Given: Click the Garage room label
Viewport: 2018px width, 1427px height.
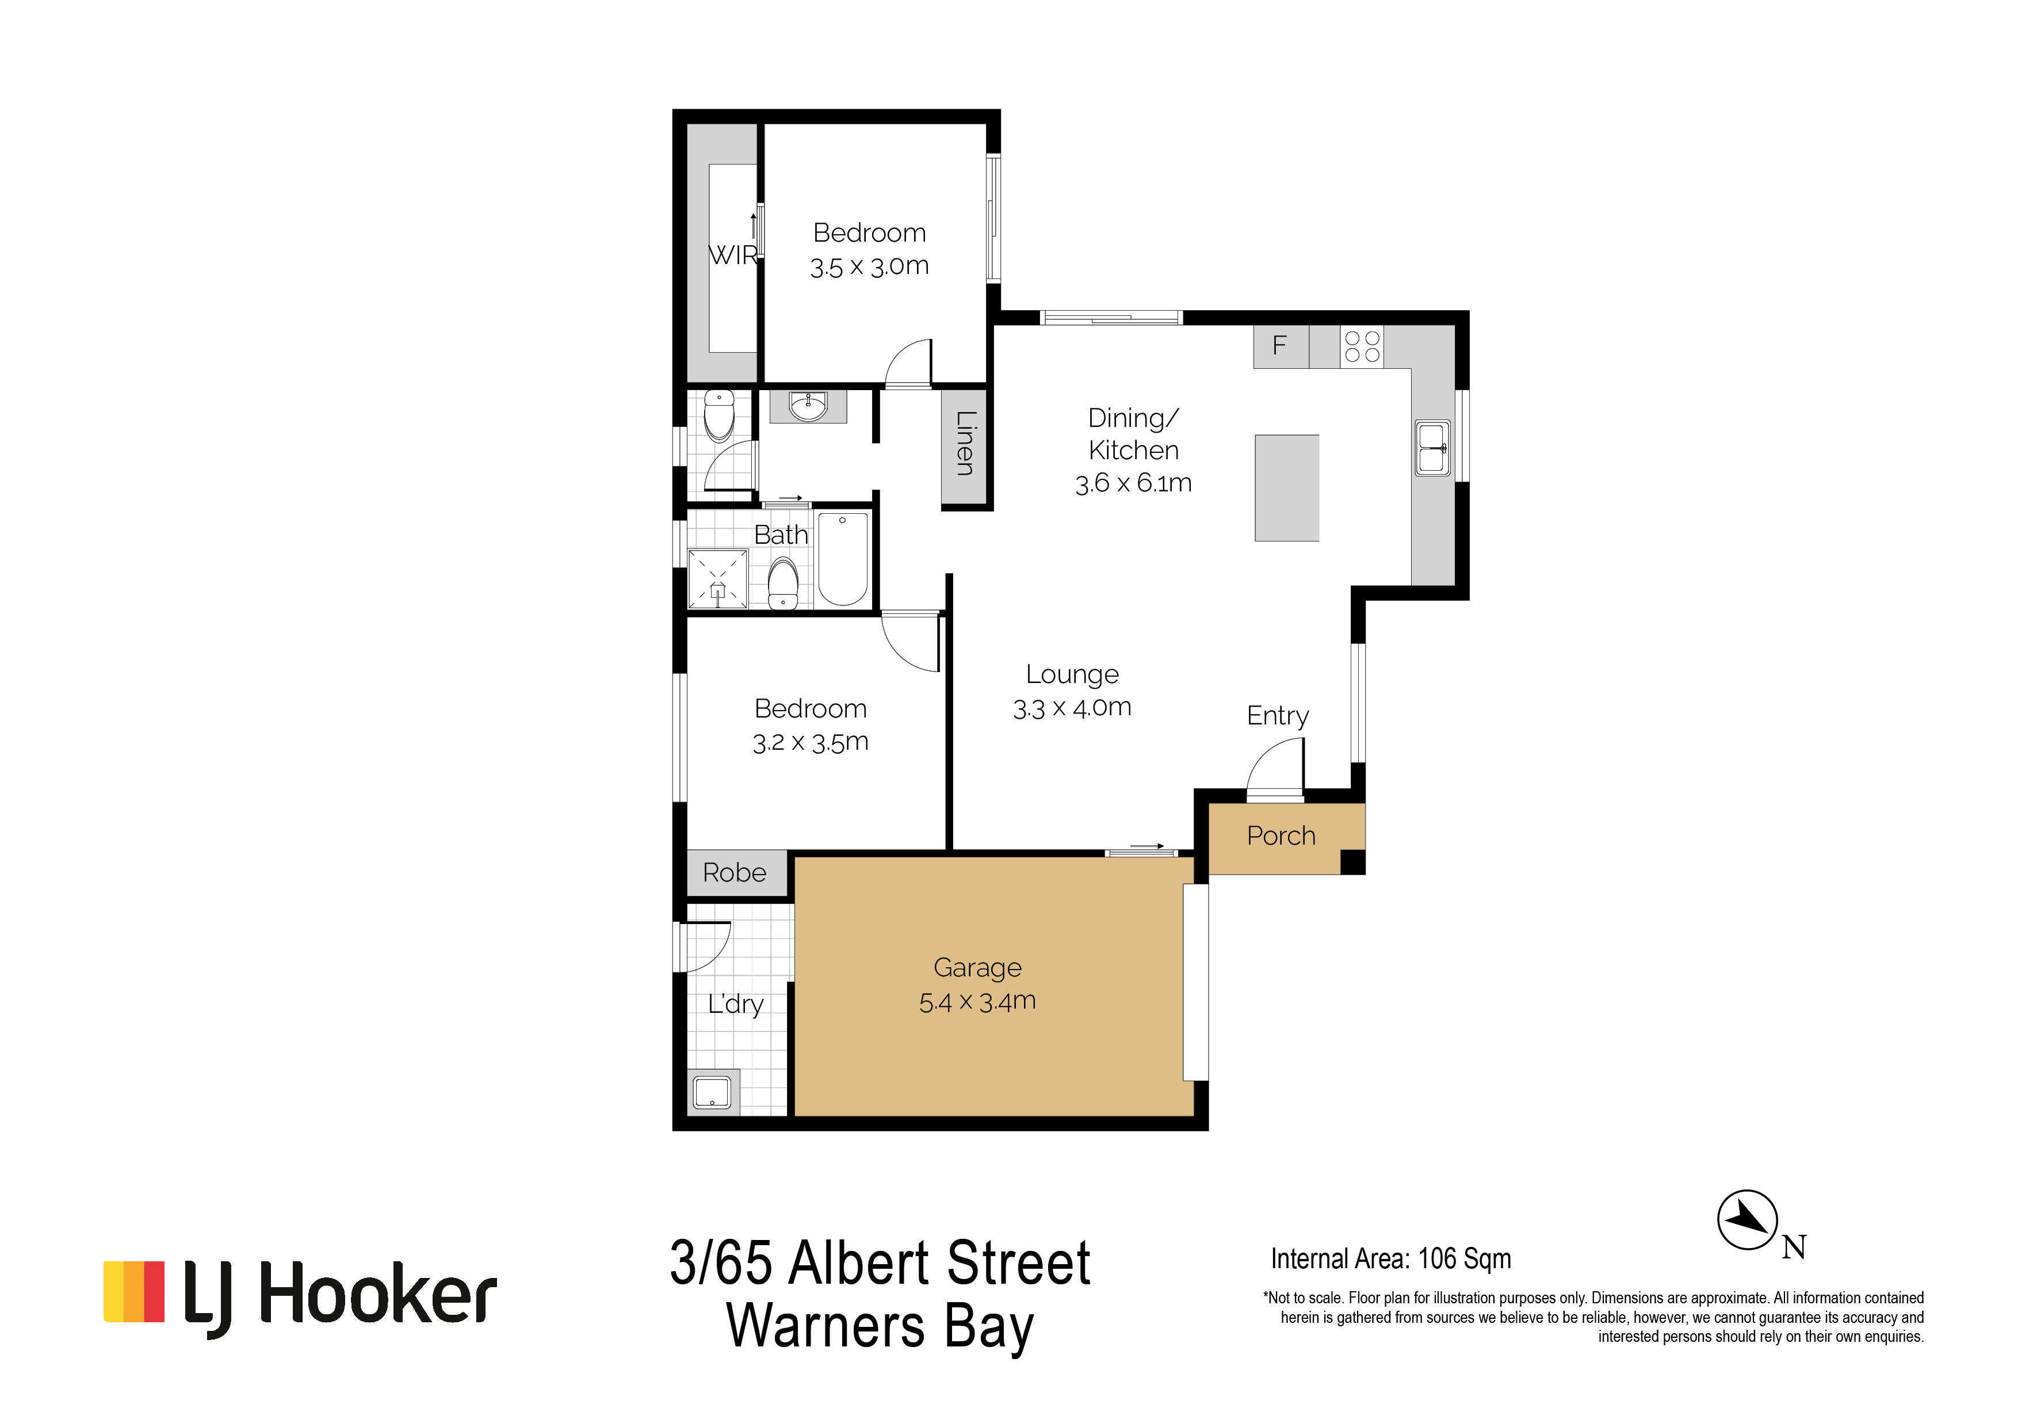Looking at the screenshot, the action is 977,968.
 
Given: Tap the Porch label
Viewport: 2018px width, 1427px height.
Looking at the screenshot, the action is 1281,835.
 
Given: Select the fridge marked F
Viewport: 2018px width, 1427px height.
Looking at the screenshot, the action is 1281,346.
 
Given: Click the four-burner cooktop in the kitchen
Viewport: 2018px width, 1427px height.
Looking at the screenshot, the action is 1362,346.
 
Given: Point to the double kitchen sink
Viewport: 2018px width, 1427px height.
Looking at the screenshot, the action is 1432,448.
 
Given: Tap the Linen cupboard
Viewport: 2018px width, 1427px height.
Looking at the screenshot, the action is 964,446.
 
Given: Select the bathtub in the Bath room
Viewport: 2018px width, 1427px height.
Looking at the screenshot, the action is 843,559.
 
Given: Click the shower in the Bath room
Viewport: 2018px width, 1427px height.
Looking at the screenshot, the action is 718,578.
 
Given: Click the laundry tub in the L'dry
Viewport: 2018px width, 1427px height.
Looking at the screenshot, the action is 712,1092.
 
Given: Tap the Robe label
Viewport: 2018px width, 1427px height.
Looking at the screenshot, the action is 734,873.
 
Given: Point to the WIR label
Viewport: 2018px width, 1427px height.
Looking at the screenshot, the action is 733,255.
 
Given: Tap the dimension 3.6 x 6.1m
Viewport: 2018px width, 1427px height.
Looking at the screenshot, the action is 1133,483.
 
